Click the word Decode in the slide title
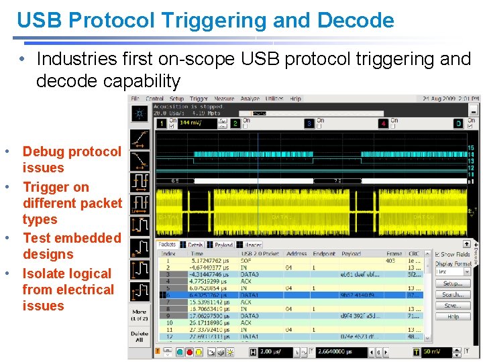(356, 20)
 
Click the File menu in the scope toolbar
(136, 99)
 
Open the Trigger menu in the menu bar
(199, 99)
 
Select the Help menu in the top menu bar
(295, 99)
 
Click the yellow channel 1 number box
(161, 123)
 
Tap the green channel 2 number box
(235, 123)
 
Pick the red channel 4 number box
(383, 123)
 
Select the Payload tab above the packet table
(223, 245)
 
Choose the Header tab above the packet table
(252, 245)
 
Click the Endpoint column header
(323, 253)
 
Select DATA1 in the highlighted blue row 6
(250, 296)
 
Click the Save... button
(453, 305)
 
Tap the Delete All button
(140, 337)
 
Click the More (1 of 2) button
(140, 314)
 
